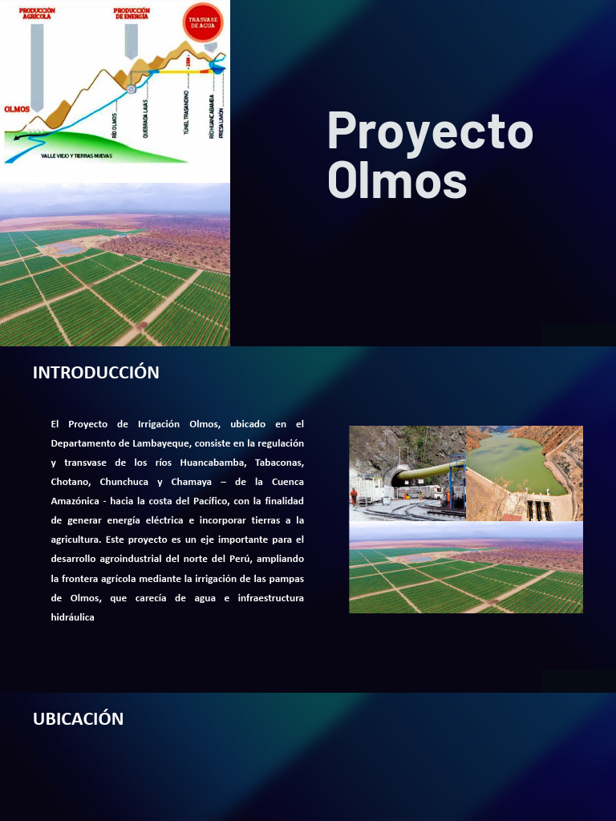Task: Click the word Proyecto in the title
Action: [x=430, y=130]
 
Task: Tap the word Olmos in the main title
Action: [x=397, y=179]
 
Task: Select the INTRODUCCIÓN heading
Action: [x=96, y=373]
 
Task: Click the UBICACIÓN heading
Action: [x=79, y=719]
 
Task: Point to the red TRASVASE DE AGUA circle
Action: [x=203, y=22]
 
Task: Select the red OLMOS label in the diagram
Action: [x=17, y=109]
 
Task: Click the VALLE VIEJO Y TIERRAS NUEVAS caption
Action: [x=77, y=156]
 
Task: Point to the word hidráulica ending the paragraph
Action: [x=72, y=617]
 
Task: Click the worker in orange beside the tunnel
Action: [x=355, y=497]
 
